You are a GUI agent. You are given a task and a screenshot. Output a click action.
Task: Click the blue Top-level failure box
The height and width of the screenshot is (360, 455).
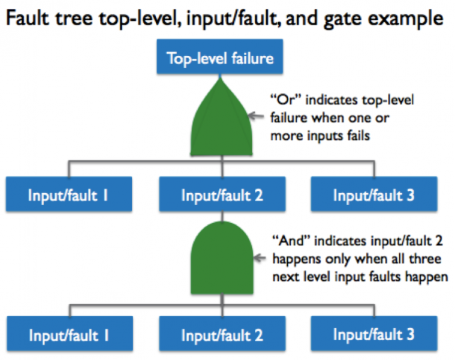point(220,59)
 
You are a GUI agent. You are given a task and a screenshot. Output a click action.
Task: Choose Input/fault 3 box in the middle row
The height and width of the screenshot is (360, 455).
point(373,194)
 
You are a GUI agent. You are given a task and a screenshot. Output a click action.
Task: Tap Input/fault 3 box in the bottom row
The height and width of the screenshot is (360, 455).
point(373,333)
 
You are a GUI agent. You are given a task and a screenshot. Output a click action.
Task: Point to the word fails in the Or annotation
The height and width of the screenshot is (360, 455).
point(357,135)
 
